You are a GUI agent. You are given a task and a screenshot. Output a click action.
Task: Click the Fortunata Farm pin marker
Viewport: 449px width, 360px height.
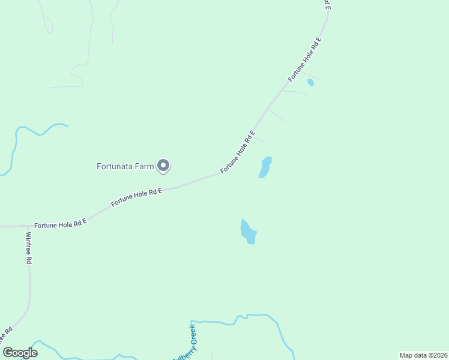click(x=163, y=166)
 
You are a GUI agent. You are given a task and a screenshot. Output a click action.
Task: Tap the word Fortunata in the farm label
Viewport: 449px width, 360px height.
click(x=115, y=166)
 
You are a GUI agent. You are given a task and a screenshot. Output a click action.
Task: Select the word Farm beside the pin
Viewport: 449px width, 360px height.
click(x=145, y=166)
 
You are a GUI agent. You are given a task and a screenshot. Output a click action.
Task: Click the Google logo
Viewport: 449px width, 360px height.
click(x=20, y=353)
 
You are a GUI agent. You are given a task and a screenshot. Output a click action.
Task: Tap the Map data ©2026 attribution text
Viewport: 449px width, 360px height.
click(x=423, y=355)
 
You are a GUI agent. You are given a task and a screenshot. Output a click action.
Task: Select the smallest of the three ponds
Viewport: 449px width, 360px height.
click(x=310, y=82)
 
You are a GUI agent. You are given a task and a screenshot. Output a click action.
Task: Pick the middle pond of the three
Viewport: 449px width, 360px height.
click(x=265, y=167)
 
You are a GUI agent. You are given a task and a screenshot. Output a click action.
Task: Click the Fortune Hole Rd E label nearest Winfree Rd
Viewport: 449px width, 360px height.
click(x=61, y=223)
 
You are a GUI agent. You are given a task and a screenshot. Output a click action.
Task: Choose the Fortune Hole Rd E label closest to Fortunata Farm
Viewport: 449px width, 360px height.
click(x=137, y=197)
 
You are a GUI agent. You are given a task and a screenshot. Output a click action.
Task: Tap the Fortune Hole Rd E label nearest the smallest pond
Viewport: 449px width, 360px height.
click(x=305, y=59)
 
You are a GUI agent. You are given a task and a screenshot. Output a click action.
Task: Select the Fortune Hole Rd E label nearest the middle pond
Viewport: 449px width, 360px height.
click(x=238, y=152)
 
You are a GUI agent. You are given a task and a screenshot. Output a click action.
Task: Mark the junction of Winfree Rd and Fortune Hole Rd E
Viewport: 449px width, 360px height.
click(x=27, y=226)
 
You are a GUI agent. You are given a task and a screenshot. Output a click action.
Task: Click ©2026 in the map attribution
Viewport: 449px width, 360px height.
click(x=436, y=355)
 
